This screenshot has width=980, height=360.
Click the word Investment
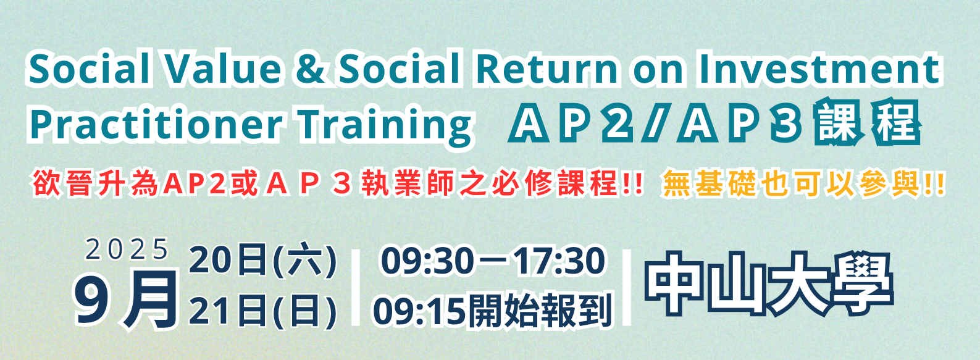pyautogui.click(x=819, y=69)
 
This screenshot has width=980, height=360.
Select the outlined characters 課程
pyautogui.click(x=868, y=122)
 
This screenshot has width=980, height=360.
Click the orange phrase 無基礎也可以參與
pyautogui.click(x=792, y=185)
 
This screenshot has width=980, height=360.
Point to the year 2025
pyautogui.click(x=127, y=249)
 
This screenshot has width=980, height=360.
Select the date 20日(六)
pyautogui.click(x=262, y=261)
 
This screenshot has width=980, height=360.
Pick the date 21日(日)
pyautogui.click(x=262, y=311)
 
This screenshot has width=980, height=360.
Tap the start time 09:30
pyautogui.click(x=427, y=261)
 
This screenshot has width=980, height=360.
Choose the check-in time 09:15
pyautogui.click(x=419, y=311)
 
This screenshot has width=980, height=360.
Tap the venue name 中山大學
pyautogui.click(x=768, y=283)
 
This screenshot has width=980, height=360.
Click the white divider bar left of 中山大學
pyautogui.click(x=627, y=287)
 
